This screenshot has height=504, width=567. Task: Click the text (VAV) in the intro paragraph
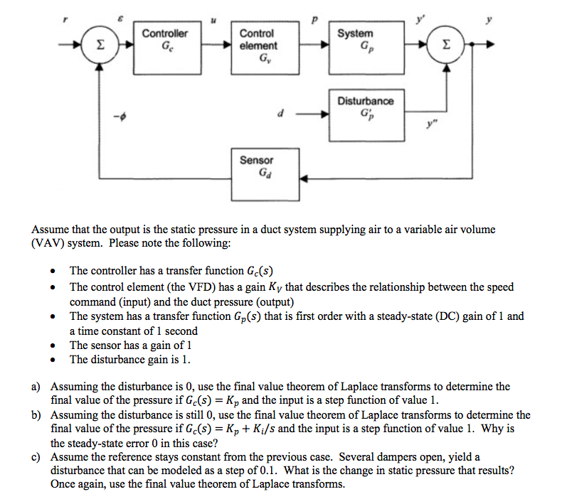point(49,243)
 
